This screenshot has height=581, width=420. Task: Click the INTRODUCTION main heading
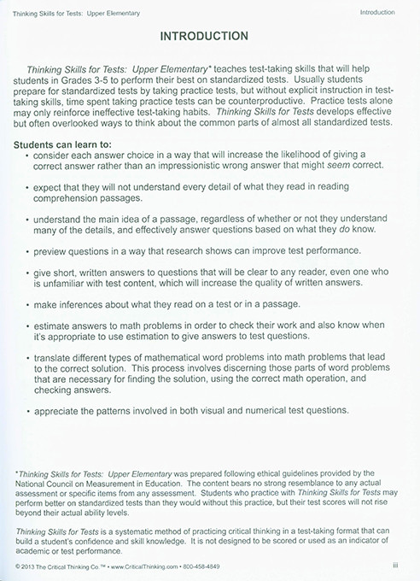(x=210, y=37)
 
